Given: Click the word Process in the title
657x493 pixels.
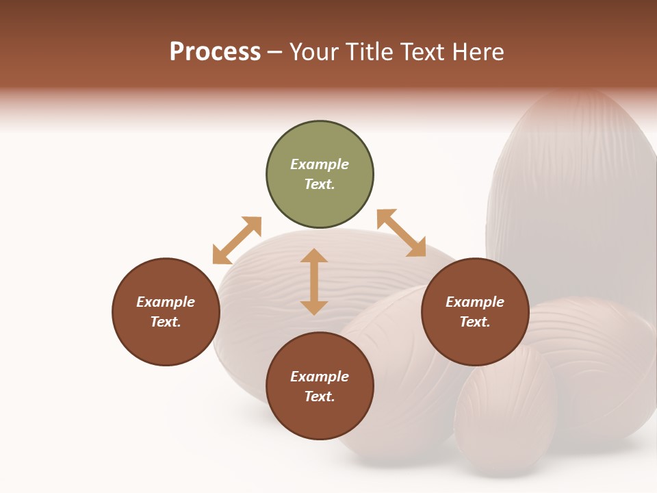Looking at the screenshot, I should pyautogui.click(x=215, y=52).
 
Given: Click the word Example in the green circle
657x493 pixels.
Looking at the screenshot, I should pyautogui.click(x=320, y=164).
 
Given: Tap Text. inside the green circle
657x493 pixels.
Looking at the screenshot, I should pyautogui.click(x=320, y=184).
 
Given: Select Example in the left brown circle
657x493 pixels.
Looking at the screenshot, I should pyautogui.click(x=166, y=302).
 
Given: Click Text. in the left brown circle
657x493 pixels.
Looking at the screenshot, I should pyautogui.click(x=166, y=322).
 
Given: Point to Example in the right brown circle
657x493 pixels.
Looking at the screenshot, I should pyautogui.click(x=475, y=302).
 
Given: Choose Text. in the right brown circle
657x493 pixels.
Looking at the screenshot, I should pyautogui.click(x=475, y=322).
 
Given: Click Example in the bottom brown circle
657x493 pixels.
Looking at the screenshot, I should pyautogui.click(x=320, y=377).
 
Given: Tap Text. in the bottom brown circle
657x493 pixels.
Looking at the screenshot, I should pyautogui.click(x=320, y=396).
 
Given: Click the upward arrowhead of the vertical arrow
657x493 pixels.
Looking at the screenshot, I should pyautogui.click(x=314, y=255).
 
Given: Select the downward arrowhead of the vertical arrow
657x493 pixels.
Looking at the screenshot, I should pyautogui.click(x=314, y=307).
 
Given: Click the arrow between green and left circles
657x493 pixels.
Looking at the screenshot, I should pyautogui.click(x=237, y=240).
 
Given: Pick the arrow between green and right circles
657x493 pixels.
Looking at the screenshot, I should pyautogui.click(x=401, y=233).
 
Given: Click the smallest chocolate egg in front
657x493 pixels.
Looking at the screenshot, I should pyautogui.click(x=505, y=411).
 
